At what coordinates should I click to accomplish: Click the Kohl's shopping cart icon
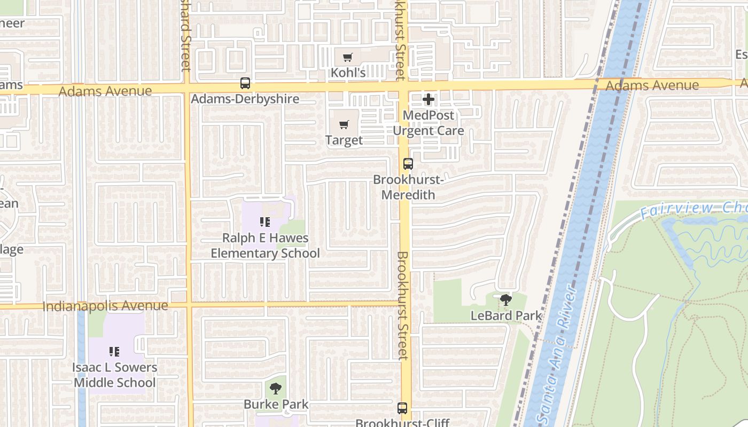pos(348,57)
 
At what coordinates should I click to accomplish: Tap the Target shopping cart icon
pos(344,125)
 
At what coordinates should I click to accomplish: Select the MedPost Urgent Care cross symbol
pos(428,99)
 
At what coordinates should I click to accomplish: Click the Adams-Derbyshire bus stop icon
pos(245,83)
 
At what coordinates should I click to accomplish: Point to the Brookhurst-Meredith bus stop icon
pos(408,164)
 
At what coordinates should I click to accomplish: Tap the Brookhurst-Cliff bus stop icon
pos(402,408)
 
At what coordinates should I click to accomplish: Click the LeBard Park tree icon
pos(505,300)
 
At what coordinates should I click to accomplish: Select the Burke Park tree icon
pos(276,389)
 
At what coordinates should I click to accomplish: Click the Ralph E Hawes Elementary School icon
pos(265,222)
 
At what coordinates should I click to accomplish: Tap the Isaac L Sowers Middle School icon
pos(114,352)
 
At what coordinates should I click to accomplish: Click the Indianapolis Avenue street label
pos(105,306)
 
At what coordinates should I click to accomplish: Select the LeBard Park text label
pos(506,315)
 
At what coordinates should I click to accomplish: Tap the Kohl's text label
pos(348,72)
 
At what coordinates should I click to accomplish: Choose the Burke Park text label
pos(276,404)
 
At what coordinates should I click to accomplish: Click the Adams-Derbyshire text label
pos(245,99)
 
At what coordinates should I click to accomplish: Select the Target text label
pos(344,140)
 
